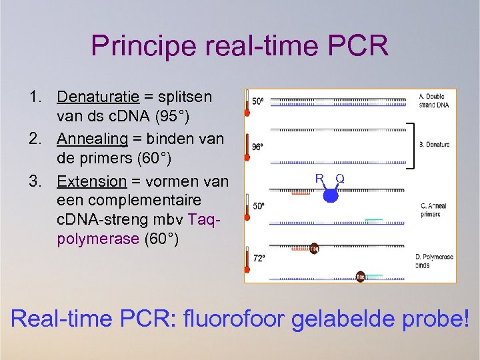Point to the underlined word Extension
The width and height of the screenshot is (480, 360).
point(91,181)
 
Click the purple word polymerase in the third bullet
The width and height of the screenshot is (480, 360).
point(98,239)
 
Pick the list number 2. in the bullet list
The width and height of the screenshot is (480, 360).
point(39,139)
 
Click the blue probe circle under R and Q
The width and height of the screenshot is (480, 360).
point(331,195)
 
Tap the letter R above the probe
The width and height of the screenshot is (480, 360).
point(320,179)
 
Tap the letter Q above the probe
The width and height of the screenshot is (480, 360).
point(340,179)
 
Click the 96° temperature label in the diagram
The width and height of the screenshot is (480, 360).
point(258,145)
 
